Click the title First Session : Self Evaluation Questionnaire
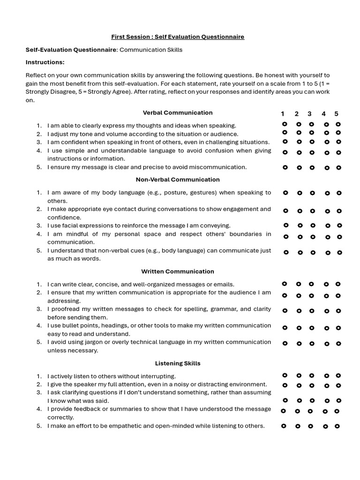(x=178, y=37)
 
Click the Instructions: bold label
(x=45, y=62)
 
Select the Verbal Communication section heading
(x=178, y=112)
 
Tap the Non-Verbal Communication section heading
(x=178, y=180)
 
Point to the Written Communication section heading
(x=178, y=271)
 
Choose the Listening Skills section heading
(x=178, y=363)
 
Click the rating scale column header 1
(x=283, y=114)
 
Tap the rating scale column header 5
(x=336, y=114)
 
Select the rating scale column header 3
(x=309, y=114)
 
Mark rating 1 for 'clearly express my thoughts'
(x=285, y=124)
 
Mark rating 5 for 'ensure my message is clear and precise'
(x=339, y=167)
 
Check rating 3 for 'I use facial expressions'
(x=313, y=225)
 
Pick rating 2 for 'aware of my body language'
(x=300, y=193)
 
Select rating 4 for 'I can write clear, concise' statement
(x=326, y=284)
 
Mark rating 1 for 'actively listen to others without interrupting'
(x=284, y=375)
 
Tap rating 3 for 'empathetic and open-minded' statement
(x=310, y=427)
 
